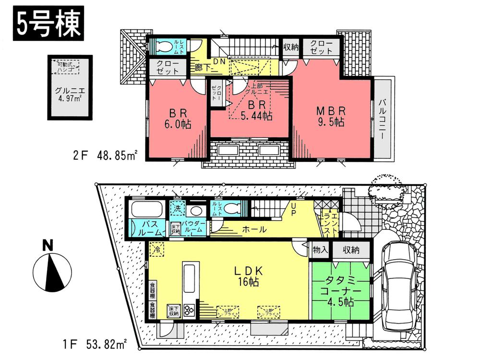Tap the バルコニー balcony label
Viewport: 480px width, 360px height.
[x=383, y=117]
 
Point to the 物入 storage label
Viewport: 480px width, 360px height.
[x=320, y=250]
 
